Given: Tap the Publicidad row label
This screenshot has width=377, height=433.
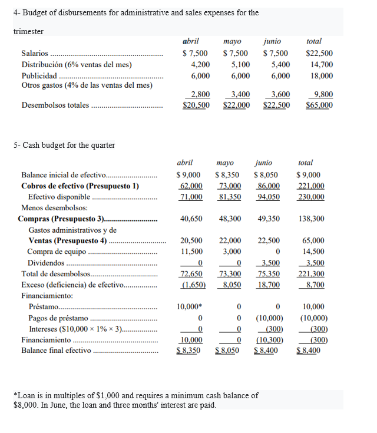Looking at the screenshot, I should (39, 76).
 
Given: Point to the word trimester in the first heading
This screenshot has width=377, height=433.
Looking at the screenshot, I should (28, 31).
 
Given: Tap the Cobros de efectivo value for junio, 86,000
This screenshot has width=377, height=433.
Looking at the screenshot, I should (268, 186).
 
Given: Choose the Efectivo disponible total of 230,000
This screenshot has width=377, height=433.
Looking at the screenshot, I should (311, 197).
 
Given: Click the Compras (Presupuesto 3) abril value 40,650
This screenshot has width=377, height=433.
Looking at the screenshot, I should (192, 219).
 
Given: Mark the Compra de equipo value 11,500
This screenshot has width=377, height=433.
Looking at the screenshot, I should (191, 252).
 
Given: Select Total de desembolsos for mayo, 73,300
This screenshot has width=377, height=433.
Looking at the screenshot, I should (229, 274).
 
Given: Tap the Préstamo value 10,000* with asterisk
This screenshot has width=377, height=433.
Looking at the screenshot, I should (191, 307).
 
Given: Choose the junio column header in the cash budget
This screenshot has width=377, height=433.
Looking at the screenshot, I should (264, 163).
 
